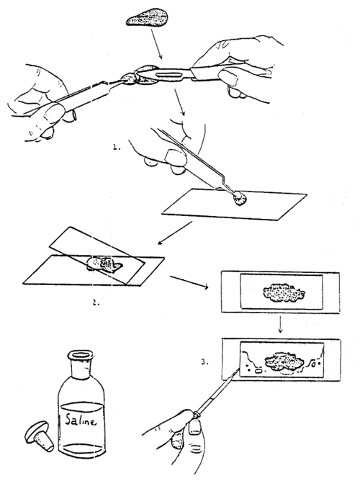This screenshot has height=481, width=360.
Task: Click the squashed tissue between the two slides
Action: tap(105, 264)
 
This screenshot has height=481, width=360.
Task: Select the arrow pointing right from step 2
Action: tap(190, 280)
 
